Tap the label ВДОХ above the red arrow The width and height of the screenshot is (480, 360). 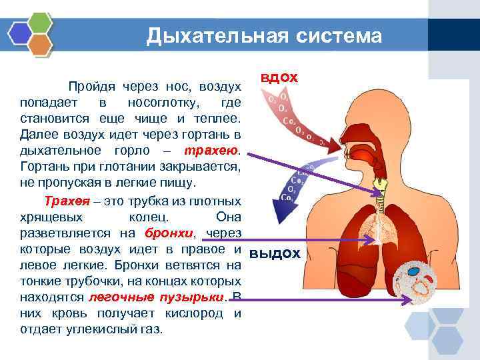pyautogui.click(x=279, y=78)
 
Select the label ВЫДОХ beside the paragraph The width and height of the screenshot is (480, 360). pyautogui.click(x=275, y=254)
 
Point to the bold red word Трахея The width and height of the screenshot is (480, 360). pyautogui.click(x=66, y=201)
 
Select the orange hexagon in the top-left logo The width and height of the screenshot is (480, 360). pyautogui.click(x=41, y=44)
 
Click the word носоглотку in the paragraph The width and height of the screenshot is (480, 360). pyautogui.click(x=159, y=103)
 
